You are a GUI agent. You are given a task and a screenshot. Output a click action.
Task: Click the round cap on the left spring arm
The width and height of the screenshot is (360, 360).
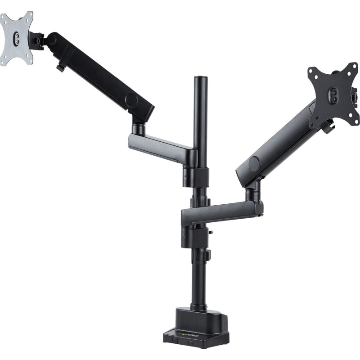(x=131, y=100)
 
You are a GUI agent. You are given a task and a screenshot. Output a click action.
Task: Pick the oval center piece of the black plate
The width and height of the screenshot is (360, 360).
(x=333, y=94)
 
